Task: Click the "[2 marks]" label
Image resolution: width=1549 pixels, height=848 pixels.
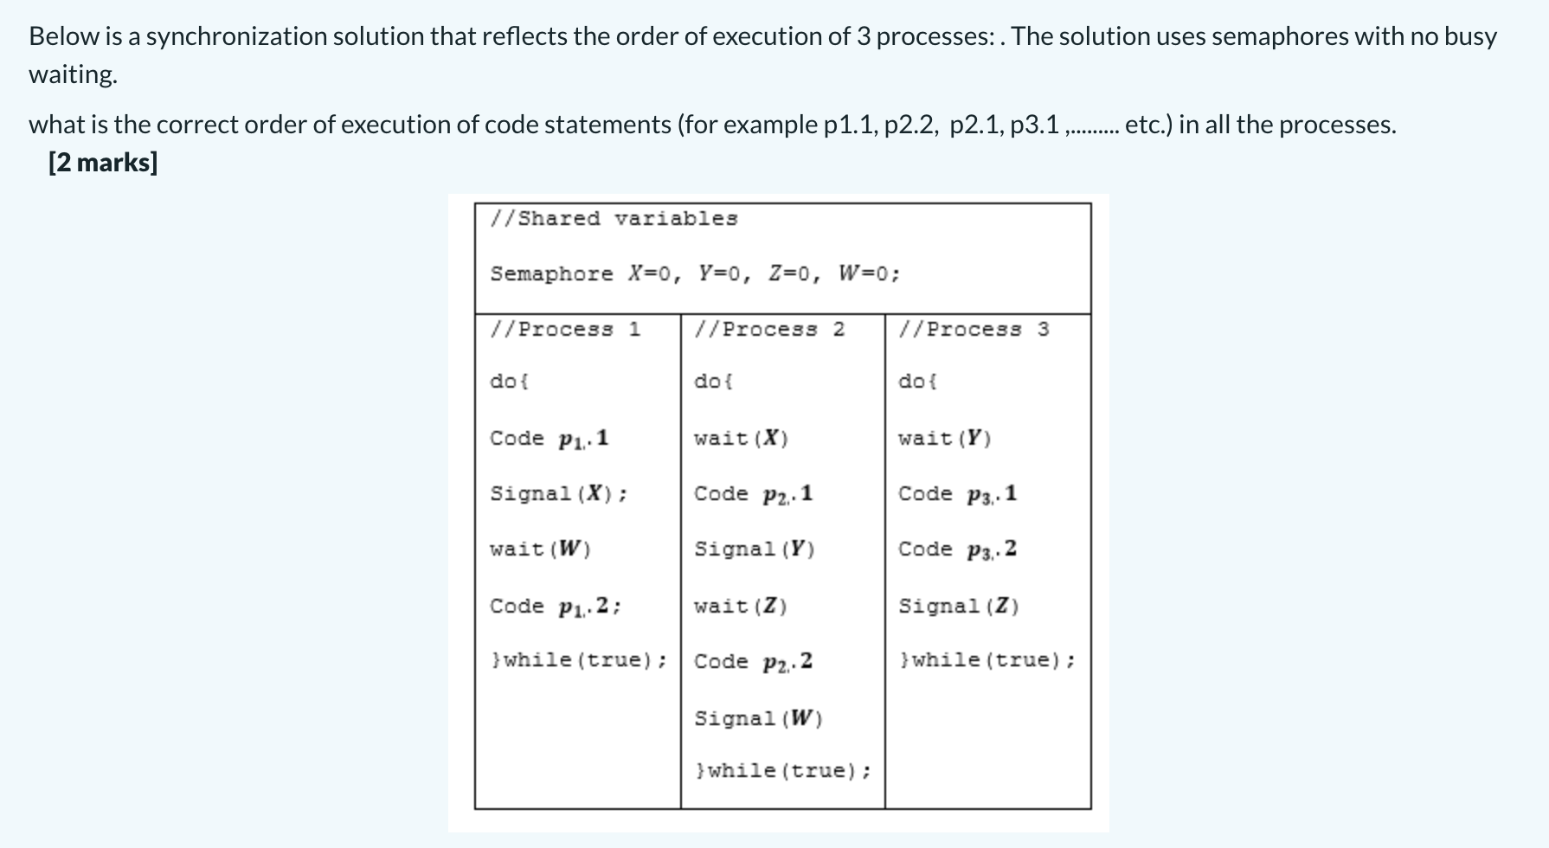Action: (x=103, y=163)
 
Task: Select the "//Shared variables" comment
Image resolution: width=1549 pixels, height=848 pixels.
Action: (x=614, y=219)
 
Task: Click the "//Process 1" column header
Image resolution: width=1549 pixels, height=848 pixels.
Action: (x=565, y=330)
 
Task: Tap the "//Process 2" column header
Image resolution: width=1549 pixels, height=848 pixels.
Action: (x=769, y=330)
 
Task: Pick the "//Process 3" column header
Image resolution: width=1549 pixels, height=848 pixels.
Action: (x=974, y=330)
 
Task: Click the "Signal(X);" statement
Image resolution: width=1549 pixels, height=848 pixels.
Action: (x=558, y=494)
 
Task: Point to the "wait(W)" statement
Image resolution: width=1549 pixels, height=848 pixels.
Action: (x=540, y=549)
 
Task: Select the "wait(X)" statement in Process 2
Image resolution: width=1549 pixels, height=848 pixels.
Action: (x=741, y=439)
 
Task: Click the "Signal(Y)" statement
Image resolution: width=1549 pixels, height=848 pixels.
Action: (x=755, y=549)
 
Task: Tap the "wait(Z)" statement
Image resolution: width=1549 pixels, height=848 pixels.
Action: (x=741, y=607)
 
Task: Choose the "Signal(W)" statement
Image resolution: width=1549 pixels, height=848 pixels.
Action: (x=758, y=718)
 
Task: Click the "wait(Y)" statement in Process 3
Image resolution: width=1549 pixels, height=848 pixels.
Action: (x=945, y=439)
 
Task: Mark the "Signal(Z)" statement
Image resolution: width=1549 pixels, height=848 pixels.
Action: (x=959, y=607)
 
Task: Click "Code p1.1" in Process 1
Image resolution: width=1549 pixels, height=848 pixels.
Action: (x=550, y=439)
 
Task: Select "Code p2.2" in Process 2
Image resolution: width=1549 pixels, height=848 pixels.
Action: (x=753, y=662)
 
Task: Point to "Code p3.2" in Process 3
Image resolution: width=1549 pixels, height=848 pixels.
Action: (x=957, y=549)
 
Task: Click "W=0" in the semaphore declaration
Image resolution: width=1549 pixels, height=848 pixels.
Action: (x=869, y=274)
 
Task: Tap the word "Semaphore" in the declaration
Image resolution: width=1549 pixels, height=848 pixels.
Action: (x=551, y=274)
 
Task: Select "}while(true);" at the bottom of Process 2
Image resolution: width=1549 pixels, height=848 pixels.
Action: (x=783, y=771)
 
